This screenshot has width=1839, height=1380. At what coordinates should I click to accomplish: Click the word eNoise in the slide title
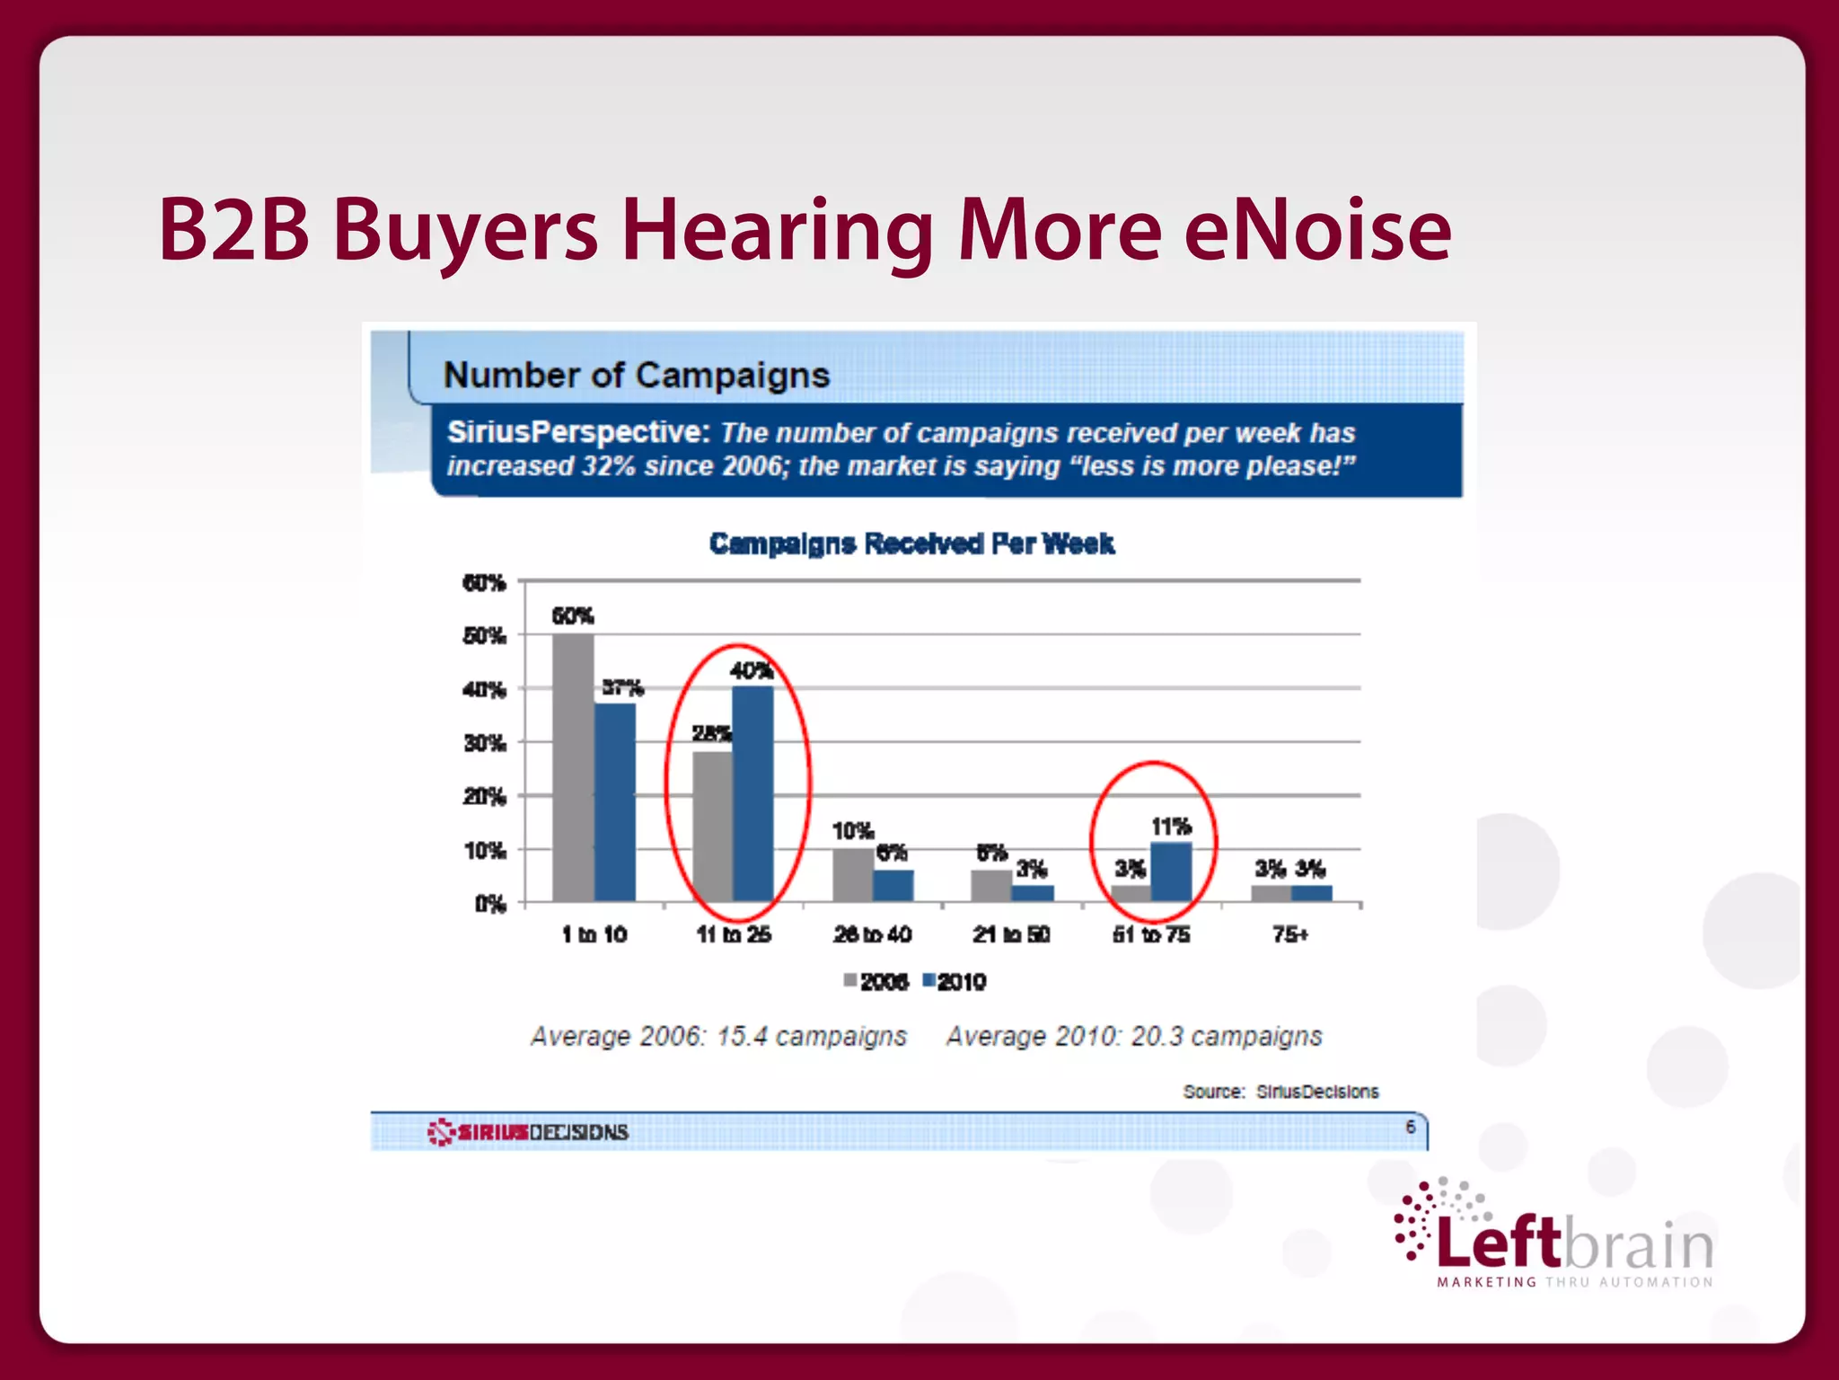[1316, 231]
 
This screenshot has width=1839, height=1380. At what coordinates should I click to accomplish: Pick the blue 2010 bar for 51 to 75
[1171, 871]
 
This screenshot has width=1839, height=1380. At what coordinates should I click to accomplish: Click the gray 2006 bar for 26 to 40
[852, 874]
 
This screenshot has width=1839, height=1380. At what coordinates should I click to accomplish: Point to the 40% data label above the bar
[751, 670]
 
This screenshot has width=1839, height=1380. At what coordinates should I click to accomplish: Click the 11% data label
[1171, 826]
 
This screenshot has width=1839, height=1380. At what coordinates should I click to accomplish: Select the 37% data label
[622, 687]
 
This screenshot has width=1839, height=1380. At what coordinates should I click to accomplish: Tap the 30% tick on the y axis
[485, 743]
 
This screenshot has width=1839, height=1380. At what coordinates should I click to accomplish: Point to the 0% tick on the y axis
[490, 904]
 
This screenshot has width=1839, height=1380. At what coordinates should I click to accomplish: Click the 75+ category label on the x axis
[1290, 934]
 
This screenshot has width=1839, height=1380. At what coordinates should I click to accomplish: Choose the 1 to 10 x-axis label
[594, 934]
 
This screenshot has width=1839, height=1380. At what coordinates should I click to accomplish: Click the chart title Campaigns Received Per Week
[911, 544]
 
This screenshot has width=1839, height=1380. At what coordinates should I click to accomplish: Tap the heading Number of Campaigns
[637, 375]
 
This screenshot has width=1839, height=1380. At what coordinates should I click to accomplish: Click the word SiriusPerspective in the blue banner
[579, 432]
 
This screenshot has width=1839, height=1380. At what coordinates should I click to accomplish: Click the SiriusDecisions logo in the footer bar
[528, 1131]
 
